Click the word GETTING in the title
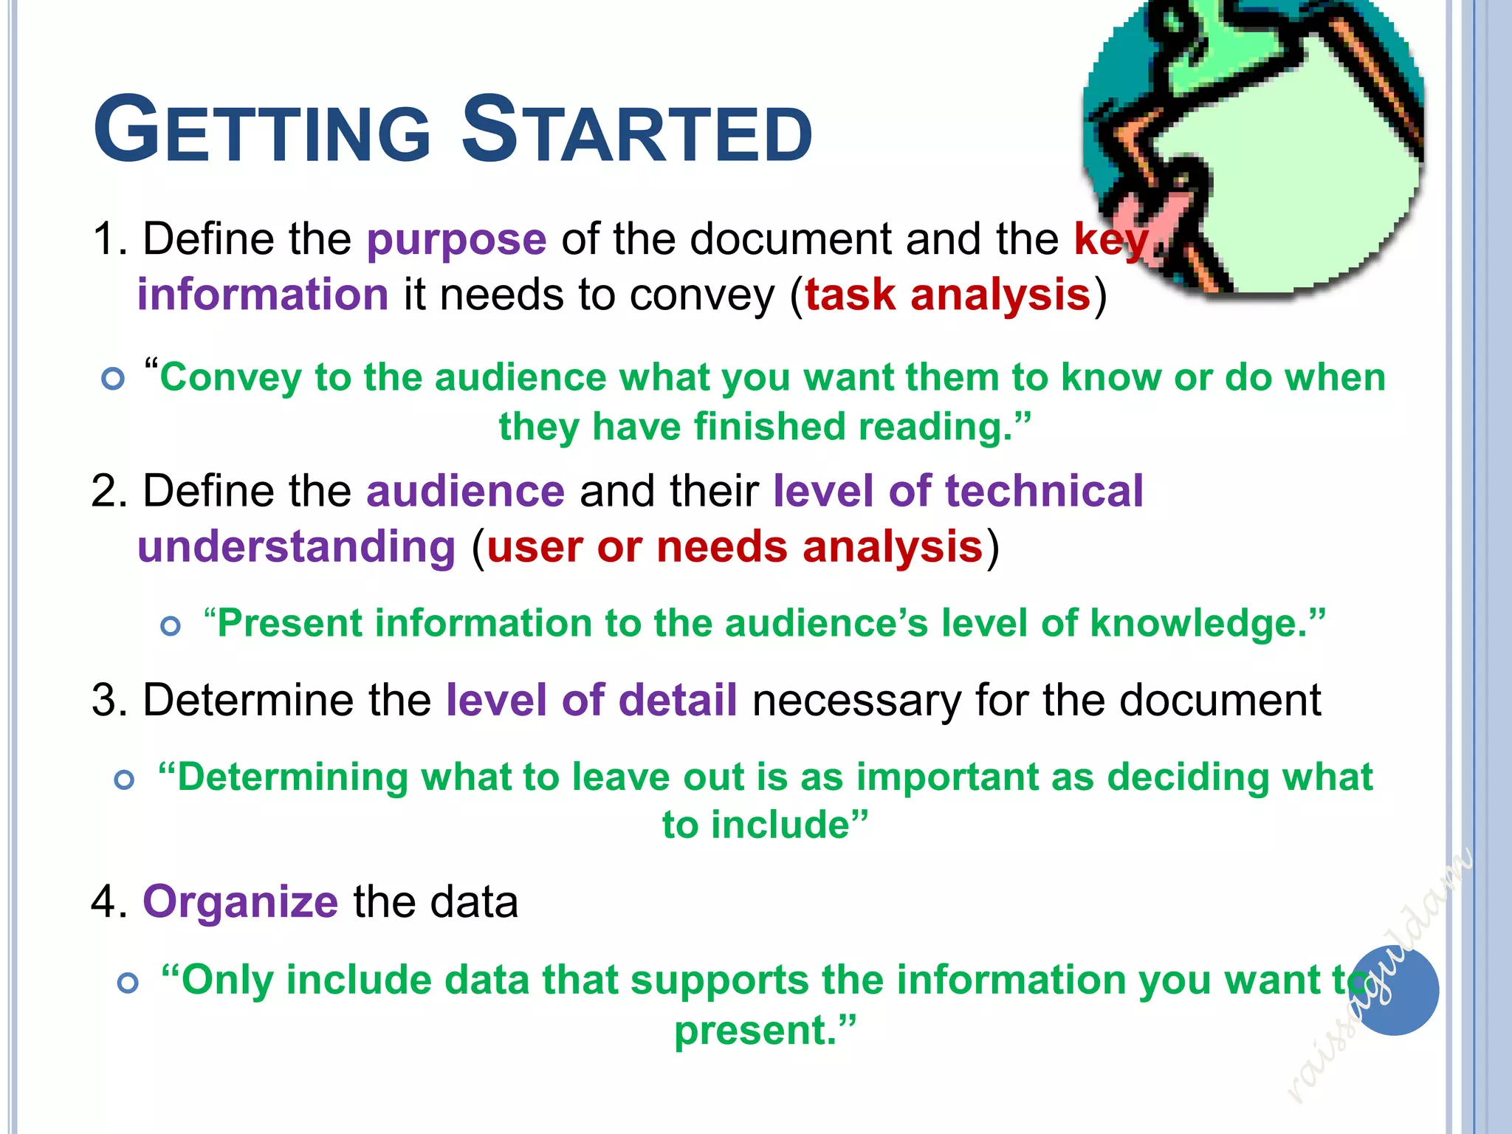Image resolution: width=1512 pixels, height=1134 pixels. pos(262,131)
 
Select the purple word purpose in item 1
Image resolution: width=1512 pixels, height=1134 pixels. pos(456,240)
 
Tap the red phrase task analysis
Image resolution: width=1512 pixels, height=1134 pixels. pos(947,295)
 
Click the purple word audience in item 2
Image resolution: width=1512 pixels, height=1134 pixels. pos(465,492)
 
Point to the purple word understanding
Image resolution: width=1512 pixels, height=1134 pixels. pos(297,547)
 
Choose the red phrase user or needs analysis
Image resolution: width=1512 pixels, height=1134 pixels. pos(735,547)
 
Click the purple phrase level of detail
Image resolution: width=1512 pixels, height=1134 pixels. pos(591,700)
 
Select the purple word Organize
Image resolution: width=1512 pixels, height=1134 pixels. pos(240,902)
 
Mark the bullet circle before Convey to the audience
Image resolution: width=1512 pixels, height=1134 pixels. pos(113,379)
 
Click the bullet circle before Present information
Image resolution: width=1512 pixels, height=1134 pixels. pos(171,626)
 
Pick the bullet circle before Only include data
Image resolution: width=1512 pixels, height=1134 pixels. pos(128,983)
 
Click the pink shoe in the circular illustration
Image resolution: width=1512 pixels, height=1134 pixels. pos(1141,214)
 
